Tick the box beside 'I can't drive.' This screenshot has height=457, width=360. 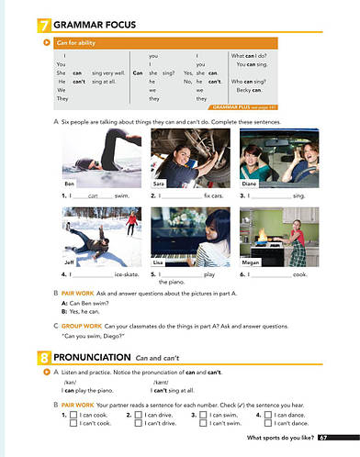(137, 425)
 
